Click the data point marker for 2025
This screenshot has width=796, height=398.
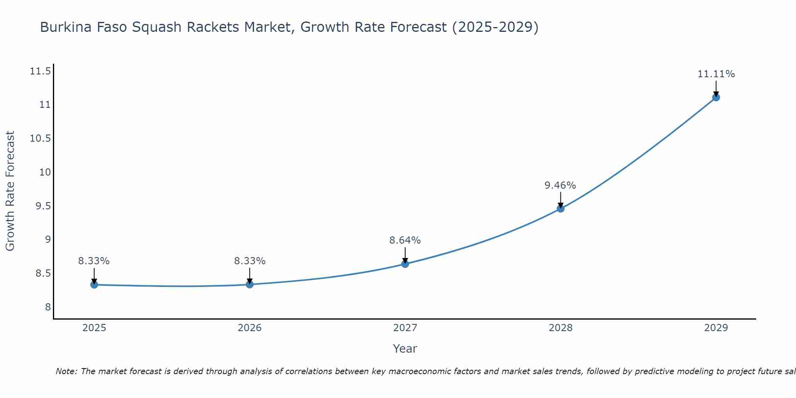click(x=94, y=285)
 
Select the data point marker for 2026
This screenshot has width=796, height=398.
click(x=250, y=284)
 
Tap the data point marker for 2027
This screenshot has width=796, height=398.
click(x=405, y=263)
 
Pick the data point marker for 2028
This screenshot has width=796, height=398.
click(x=560, y=208)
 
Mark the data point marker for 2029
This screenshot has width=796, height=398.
click(x=716, y=97)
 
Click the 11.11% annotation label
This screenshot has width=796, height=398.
click(x=716, y=74)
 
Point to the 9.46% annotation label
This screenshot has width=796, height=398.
click(x=560, y=185)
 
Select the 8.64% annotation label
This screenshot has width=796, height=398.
click(x=405, y=240)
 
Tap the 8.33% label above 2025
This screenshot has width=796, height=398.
click(x=94, y=261)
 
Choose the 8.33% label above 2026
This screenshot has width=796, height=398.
click(x=250, y=261)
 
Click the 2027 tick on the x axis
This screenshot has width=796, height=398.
click(x=405, y=328)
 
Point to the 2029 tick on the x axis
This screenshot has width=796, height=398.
click(x=716, y=328)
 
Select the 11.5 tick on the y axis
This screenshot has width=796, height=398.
click(x=40, y=71)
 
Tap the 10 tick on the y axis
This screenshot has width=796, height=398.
click(x=45, y=172)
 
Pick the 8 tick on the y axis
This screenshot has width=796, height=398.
click(x=48, y=307)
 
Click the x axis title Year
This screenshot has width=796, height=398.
click(x=405, y=349)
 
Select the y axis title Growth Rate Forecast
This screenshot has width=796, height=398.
click(x=10, y=191)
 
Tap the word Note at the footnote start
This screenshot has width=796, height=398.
click(x=66, y=371)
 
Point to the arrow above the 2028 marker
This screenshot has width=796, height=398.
click(x=560, y=199)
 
